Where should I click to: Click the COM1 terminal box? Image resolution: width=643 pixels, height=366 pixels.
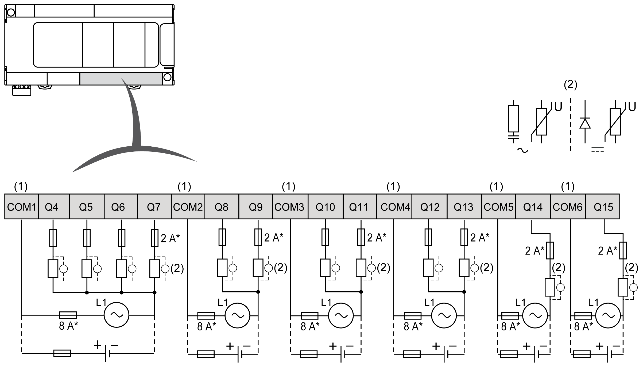coord(22,207)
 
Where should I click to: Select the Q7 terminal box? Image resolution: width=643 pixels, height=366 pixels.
coord(154,207)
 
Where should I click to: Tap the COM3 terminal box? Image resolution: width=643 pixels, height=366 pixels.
coord(290,207)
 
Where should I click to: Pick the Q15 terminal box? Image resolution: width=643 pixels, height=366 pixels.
coord(603,207)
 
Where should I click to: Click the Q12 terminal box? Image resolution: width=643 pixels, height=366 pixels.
coord(429,207)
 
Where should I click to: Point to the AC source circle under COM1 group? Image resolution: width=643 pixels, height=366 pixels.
coord(116,315)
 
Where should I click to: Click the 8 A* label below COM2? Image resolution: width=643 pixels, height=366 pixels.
coord(206,326)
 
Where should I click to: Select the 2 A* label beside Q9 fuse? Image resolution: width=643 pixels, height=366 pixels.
coord(274,238)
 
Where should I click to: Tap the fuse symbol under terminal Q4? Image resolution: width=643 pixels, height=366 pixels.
coord(53,238)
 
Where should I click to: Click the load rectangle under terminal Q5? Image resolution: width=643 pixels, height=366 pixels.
coord(87,269)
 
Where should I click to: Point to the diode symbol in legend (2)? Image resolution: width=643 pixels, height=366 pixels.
coord(585,123)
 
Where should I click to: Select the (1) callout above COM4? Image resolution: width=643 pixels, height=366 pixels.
coord(393,186)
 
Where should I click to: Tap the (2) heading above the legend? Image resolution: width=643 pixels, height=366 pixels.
coord(570,85)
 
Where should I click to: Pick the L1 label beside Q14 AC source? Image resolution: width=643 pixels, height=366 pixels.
coord(520,303)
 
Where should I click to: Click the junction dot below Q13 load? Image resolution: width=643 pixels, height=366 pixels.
coord(464,292)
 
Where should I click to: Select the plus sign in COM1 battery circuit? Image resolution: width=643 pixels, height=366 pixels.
coord(98,345)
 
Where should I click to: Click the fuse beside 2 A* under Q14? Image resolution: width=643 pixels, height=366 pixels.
coord(550,250)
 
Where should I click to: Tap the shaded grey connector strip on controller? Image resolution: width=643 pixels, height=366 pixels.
coord(121,79)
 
